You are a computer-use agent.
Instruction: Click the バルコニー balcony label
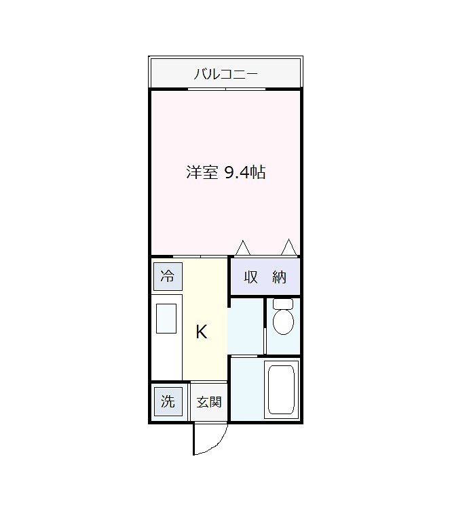pos(225,74)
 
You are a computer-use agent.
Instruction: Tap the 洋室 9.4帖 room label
pos(225,173)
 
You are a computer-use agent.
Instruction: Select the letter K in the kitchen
pos(202,332)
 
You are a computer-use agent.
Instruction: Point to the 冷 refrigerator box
pos(167,277)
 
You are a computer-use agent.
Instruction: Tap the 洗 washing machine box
pos(167,401)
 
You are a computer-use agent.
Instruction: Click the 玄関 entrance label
pos(209,402)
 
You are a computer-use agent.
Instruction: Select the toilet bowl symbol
pos(282,321)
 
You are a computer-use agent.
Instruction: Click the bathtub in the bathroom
pos(280,390)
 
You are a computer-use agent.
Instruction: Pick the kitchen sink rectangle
pos(166,319)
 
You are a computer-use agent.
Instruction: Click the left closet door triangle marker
pos(243,248)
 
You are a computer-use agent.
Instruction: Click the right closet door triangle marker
pos(289,247)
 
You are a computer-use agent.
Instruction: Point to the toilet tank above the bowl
pos(282,304)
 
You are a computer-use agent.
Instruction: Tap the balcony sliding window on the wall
pos(227,89)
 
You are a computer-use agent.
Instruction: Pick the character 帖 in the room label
pos(257,173)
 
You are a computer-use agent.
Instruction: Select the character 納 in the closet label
pos(280,277)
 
